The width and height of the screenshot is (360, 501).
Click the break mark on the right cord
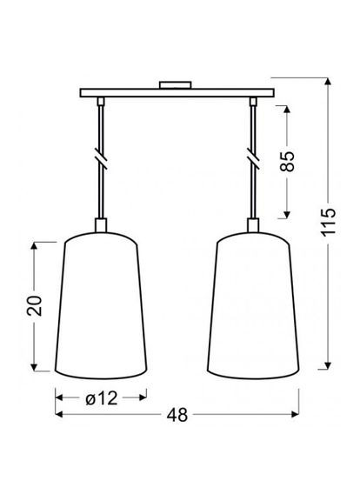point(253,163)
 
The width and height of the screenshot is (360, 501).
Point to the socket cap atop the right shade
point(253,227)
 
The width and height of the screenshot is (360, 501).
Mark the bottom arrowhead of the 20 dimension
point(34,366)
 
